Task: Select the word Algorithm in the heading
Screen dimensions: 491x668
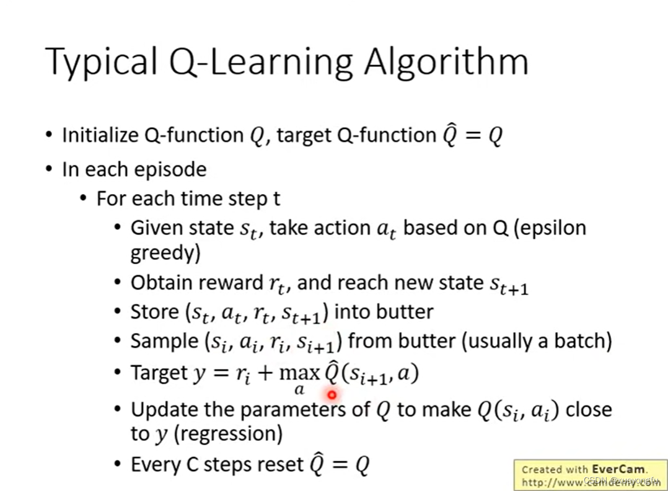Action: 446,62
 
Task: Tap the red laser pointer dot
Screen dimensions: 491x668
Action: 332,394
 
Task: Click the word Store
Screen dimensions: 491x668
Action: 154,311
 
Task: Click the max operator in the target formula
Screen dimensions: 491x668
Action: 299,374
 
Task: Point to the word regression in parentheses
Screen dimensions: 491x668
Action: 228,433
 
